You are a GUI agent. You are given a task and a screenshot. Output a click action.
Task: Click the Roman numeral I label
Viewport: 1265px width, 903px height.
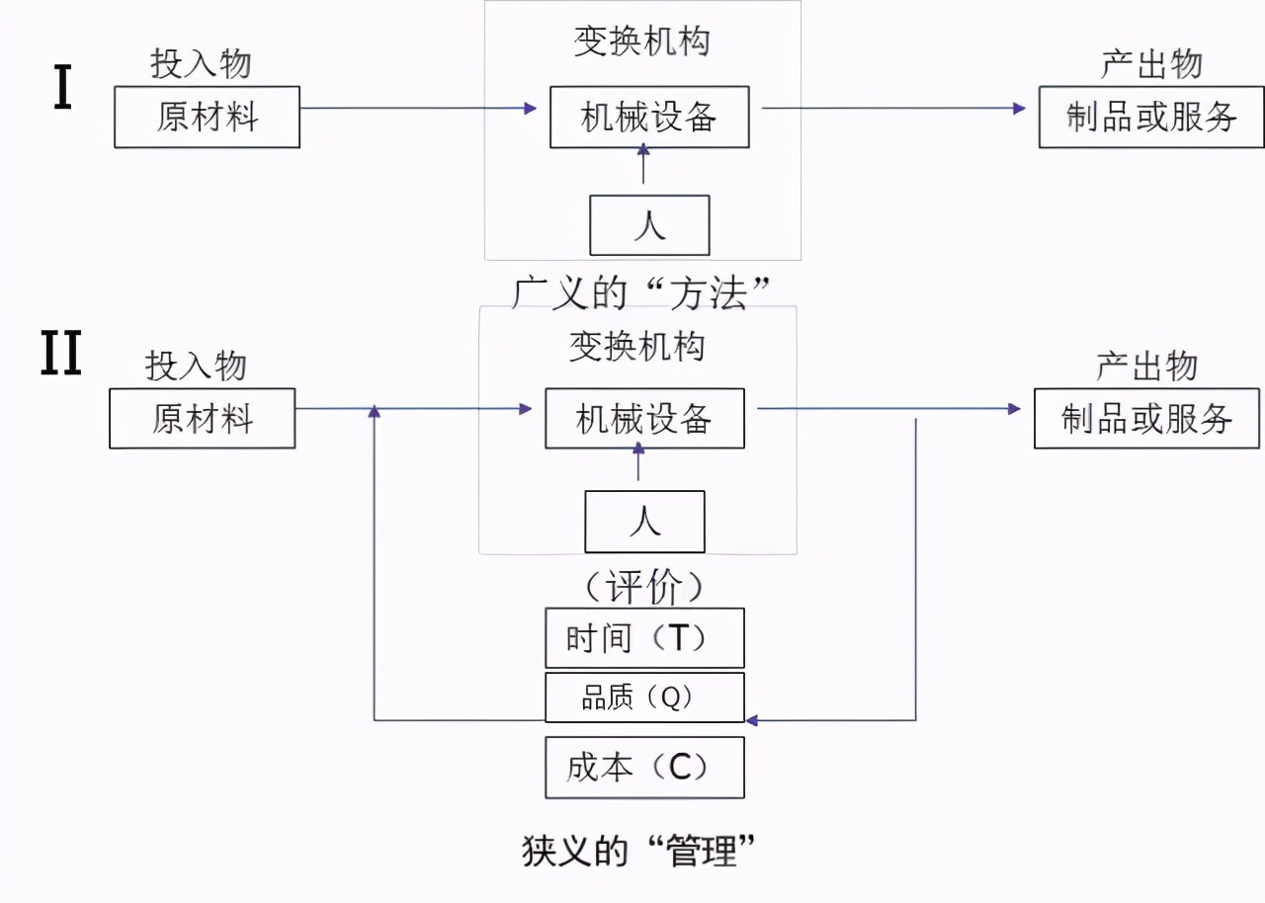62,89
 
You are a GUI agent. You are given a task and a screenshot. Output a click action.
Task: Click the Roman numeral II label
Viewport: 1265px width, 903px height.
60,354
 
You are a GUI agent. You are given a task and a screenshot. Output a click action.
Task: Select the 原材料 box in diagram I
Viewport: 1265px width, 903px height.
207,118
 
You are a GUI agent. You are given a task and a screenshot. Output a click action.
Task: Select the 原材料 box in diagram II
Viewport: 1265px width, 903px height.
202,419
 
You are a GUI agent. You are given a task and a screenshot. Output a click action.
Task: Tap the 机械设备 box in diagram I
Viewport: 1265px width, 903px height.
648,118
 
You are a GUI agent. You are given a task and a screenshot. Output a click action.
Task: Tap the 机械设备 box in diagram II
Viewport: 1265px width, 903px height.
644,419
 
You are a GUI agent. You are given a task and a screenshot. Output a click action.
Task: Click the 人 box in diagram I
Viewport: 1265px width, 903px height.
649,225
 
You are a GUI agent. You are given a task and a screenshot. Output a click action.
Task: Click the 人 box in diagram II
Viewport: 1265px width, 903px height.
644,522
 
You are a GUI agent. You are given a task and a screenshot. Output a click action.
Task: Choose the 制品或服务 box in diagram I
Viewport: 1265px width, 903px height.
1151,118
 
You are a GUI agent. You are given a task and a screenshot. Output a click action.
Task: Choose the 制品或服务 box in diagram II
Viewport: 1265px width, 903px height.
1146,419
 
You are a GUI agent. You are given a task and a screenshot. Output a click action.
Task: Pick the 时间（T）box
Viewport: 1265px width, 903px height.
644,638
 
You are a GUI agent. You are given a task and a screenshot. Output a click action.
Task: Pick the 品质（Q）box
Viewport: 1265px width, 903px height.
644,698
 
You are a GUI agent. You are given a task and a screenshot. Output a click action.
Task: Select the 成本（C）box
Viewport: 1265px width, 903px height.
644,768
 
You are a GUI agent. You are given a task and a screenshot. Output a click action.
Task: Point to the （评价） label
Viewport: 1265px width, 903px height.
643,588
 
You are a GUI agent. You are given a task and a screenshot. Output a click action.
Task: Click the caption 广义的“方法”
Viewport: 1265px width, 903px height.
641,292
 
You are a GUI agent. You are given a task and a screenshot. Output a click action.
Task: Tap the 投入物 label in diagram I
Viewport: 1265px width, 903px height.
201,64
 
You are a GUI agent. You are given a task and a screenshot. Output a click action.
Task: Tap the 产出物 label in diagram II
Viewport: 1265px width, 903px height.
1146,366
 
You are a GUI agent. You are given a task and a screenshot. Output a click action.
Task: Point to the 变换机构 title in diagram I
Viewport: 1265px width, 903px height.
642,41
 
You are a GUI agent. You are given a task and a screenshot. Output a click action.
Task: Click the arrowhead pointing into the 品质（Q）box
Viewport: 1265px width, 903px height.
752,720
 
